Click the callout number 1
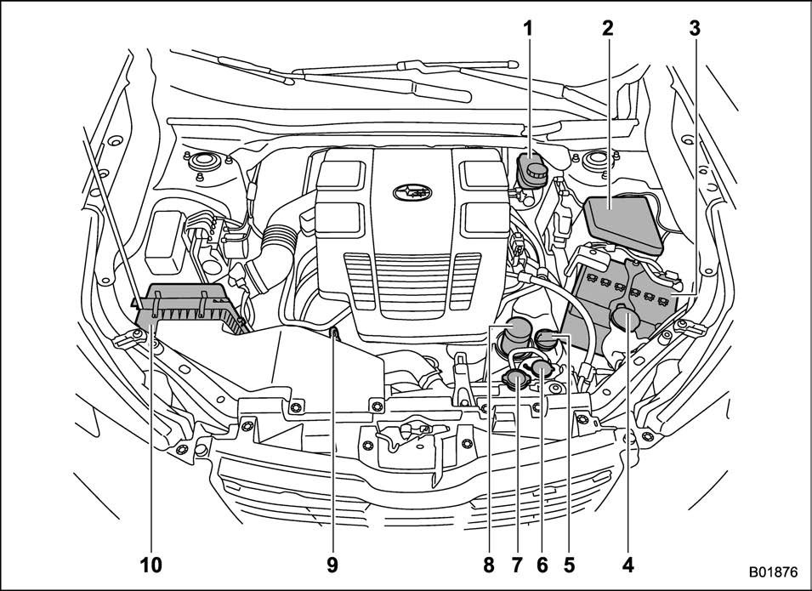pos(528,28)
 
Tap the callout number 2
pos(607,28)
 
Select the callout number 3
pos(694,28)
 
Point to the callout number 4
pos(628,563)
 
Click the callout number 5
pos(568,563)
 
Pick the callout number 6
pos(542,563)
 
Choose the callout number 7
pos(516,563)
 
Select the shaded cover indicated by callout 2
pos(622,222)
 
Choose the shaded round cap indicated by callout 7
pos(515,379)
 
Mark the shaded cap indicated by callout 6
pos(539,369)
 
